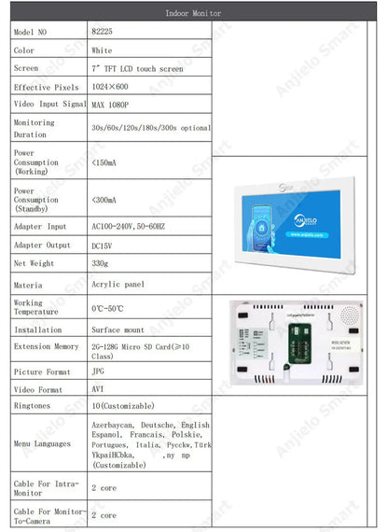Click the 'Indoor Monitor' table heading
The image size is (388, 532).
pos(195,14)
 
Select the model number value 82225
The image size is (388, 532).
pos(102,32)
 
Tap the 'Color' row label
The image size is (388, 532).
pos(24,50)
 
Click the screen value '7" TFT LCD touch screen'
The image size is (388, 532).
pos(137,68)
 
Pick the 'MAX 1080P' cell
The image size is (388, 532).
pos(110,104)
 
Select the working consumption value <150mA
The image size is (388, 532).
pos(105,162)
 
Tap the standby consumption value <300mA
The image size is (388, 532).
pos(105,200)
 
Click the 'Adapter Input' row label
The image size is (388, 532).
pos(40,226)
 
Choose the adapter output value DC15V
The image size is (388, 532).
pos(104,245)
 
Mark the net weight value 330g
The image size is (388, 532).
pos(100,263)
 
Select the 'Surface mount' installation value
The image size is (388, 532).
pos(118,329)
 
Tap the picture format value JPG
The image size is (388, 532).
pos(98,371)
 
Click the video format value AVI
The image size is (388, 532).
pos(98,388)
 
